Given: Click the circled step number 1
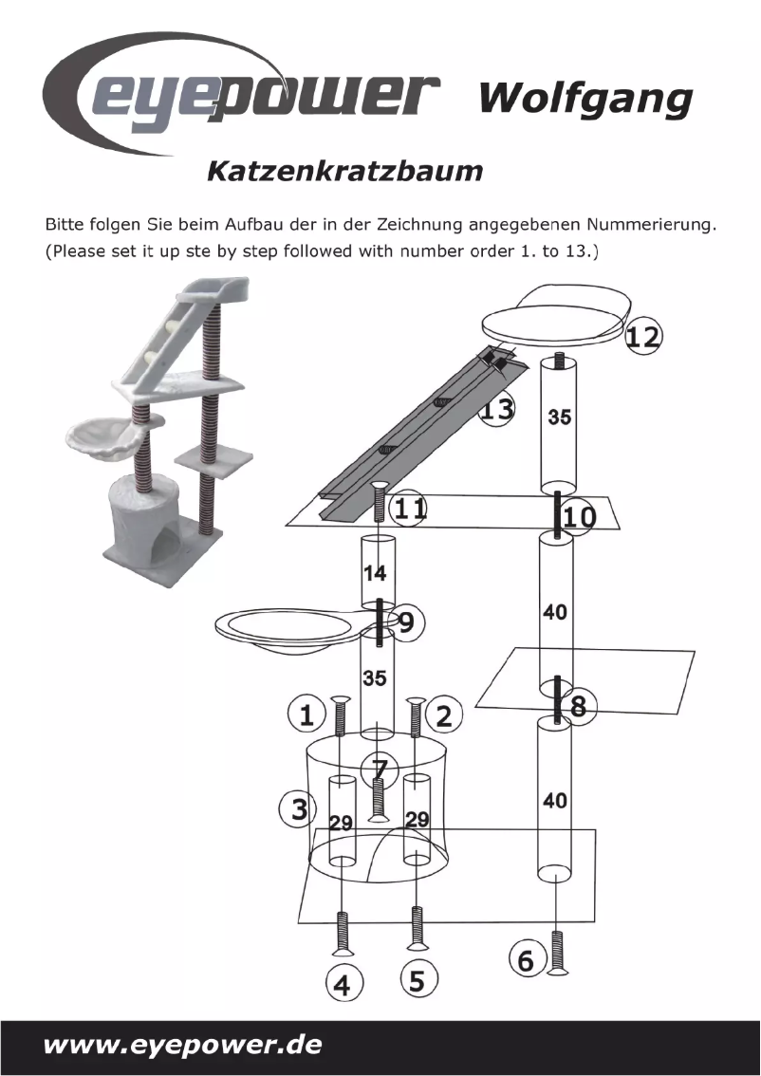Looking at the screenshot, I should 306,714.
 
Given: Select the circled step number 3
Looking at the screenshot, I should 298,810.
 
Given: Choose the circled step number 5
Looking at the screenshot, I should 417,979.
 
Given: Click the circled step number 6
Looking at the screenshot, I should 527,960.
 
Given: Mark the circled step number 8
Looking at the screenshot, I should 578,707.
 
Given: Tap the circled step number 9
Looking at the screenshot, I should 406,623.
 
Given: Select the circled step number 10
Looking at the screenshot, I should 580,517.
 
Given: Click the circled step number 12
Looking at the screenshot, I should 644,336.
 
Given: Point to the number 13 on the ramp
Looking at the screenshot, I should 496,411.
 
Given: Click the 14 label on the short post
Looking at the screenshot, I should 377,573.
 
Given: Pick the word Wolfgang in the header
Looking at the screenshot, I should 585,97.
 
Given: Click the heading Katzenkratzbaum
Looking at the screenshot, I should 344,172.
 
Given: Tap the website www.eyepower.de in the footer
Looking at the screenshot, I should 182,1046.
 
